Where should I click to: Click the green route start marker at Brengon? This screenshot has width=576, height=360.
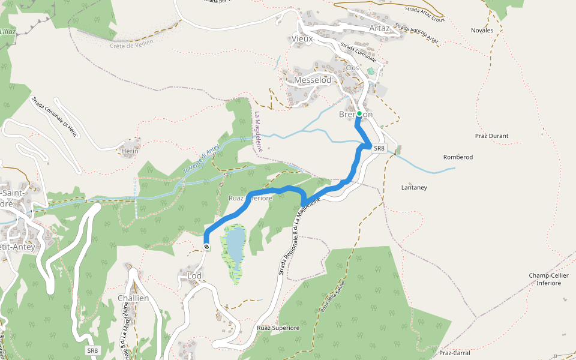pos(359,113)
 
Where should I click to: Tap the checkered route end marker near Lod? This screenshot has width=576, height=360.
pos(206,247)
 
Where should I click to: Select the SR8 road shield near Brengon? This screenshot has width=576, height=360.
pos(379,148)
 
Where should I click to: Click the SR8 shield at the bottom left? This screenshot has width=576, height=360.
pos(92,350)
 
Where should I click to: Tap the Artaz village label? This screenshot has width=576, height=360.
pos(380,28)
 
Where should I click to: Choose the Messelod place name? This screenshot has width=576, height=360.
pos(313,80)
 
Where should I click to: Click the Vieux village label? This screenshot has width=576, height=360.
pos(302,39)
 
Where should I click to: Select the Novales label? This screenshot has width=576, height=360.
pos(482,31)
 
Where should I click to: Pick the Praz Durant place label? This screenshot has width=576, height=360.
pos(491,136)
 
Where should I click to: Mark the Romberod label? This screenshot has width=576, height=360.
pos(458,157)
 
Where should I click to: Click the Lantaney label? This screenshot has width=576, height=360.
pos(414,188)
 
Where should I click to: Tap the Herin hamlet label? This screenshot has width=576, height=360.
pos(130,151)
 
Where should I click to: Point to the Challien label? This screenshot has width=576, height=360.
pos(133,298)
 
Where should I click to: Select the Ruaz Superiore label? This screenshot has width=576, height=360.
pos(278,328)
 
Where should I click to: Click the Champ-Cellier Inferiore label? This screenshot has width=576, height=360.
pos(548,279)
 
